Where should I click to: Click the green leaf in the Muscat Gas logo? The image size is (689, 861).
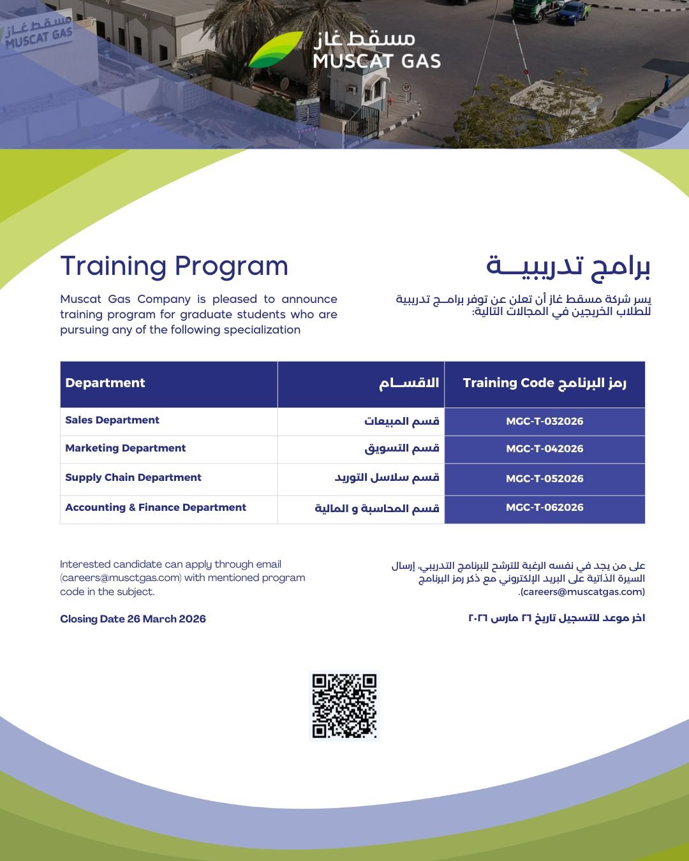tap(276, 49)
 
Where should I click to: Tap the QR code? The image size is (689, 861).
tap(344, 705)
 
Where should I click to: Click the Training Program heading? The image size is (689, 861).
tap(174, 266)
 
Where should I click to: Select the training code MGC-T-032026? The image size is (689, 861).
tap(544, 421)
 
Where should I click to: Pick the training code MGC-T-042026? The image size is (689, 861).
tap(544, 448)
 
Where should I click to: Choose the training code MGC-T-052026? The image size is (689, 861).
tap(544, 478)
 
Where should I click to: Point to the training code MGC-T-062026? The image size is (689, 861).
tap(544, 508)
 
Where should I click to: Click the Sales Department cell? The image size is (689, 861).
tap(112, 420)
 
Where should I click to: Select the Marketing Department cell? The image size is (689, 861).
tap(125, 448)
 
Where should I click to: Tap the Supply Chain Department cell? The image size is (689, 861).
tap(133, 477)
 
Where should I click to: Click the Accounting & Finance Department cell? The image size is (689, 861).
tap(156, 507)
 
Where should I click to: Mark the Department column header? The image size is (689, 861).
tap(105, 383)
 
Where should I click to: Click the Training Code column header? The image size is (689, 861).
tap(544, 383)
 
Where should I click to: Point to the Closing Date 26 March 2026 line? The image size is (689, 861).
tap(133, 619)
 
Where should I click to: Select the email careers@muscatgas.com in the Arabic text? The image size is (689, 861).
tap(582, 592)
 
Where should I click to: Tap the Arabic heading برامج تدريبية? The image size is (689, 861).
tap(568, 266)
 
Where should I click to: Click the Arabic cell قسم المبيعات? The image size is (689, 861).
tap(401, 421)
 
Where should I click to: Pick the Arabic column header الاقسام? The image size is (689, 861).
tap(409, 383)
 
